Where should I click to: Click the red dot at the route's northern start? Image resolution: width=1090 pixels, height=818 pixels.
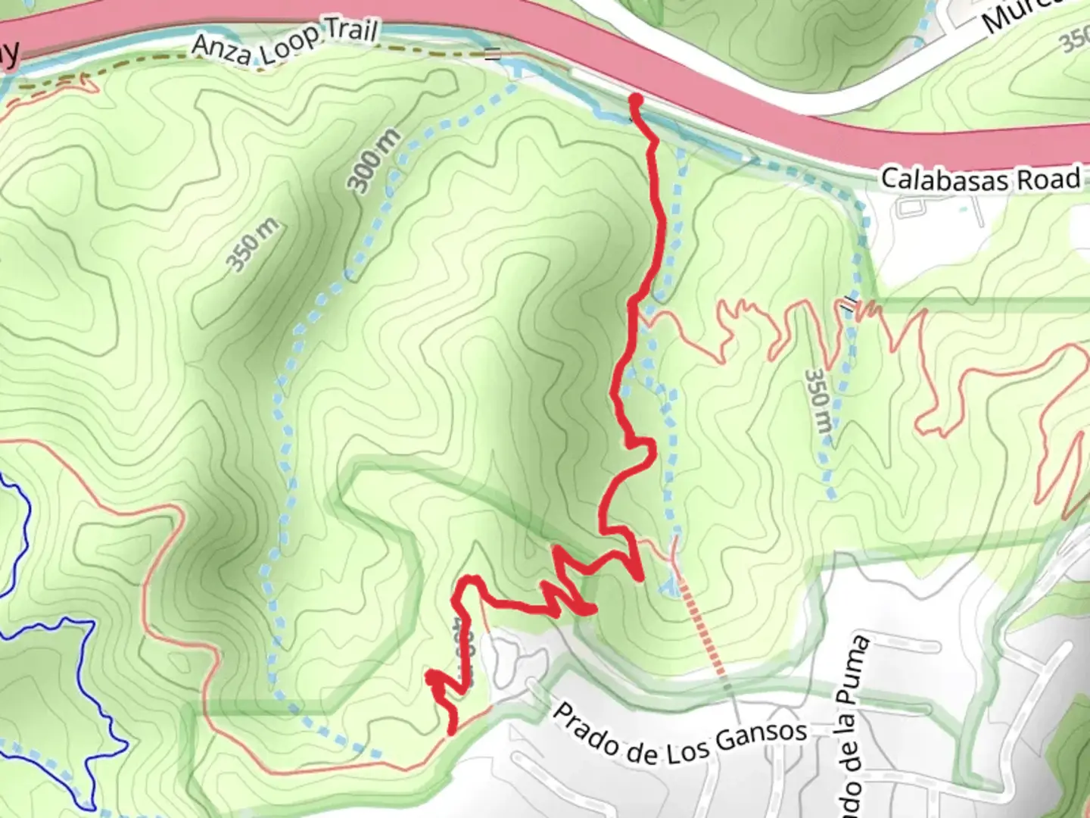[x=636, y=100]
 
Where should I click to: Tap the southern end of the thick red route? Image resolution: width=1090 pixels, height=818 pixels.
[x=452, y=731]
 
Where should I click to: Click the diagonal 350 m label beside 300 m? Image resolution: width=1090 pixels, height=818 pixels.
[x=253, y=244]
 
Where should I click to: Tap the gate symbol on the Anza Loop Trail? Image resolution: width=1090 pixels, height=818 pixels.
[x=493, y=54]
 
